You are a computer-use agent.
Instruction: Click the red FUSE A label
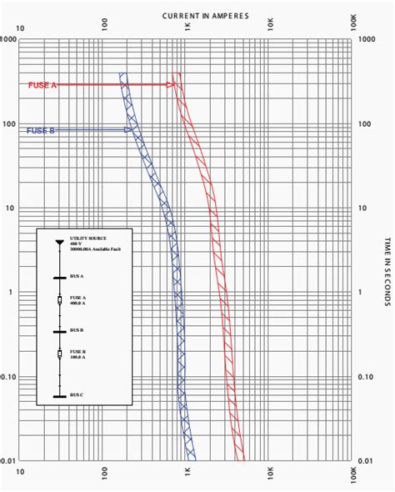41,85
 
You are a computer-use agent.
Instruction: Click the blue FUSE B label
41,130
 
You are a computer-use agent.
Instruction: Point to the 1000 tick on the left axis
9,39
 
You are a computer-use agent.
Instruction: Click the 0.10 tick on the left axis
9,376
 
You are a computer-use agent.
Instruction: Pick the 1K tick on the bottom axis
187,472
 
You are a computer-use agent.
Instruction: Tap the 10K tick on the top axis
271,28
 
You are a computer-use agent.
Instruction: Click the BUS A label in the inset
77,275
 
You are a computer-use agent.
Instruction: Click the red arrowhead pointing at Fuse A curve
171,85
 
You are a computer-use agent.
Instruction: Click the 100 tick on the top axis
105,28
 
